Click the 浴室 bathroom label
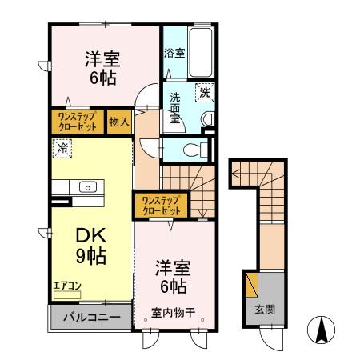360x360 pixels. click(174, 54)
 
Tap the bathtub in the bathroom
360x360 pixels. click(199, 53)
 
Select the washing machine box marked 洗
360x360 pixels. click(204, 92)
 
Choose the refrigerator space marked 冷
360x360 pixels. click(62, 148)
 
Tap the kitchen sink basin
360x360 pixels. click(87, 188)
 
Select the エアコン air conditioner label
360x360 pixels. click(67, 284)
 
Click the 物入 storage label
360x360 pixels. click(118, 122)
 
